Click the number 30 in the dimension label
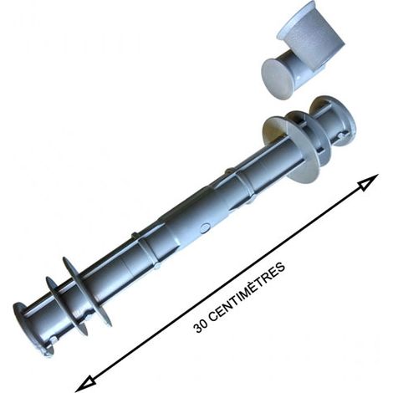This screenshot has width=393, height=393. [201, 325]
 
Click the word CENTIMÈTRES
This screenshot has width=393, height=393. [248, 291]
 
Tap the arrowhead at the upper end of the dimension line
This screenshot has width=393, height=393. [369, 182]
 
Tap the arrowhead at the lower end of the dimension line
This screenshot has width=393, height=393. [86, 384]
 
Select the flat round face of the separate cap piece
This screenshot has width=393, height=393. [277, 79]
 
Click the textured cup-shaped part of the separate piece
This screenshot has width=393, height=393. [311, 36]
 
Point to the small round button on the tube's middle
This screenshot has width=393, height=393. [205, 228]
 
